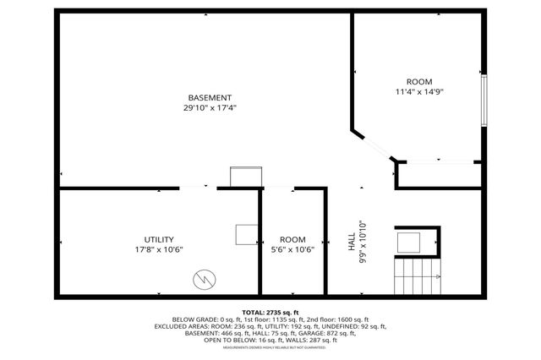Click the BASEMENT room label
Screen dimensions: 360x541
coord(210,97)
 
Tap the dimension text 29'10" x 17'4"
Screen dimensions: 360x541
coord(210,107)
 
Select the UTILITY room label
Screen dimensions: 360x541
coord(158,239)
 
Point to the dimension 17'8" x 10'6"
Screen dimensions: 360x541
coord(158,249)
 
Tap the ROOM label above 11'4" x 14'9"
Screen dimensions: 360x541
coord(418,81)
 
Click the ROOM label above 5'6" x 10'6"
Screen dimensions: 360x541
coord(292,239)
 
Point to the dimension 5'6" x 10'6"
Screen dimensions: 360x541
coord(292,249)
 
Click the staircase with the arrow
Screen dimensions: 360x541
coord(418,275)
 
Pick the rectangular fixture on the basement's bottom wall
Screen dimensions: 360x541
coord(246,177)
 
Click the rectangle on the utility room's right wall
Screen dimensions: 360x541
coord(248,234)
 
